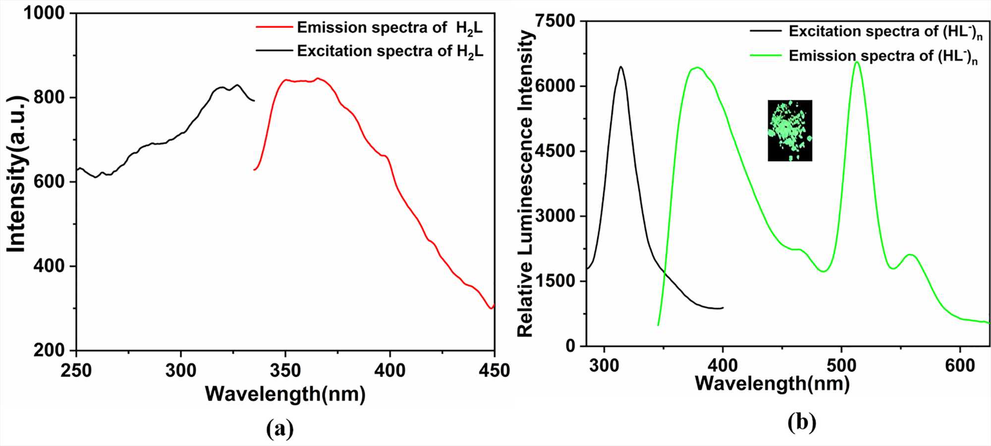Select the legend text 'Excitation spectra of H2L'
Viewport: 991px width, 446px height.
(390, 51)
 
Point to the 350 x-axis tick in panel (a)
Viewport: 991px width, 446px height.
(285, 370)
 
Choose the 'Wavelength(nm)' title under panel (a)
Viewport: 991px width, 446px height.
(285, 394)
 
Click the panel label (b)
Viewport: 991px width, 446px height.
(802, 422)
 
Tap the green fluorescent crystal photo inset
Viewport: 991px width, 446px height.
(790, 130)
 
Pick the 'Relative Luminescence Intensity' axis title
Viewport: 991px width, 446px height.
(525, 184)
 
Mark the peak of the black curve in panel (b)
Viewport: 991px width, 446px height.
(620, 66)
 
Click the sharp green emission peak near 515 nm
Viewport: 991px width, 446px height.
(857, 62)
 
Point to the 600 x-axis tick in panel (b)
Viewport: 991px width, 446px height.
(960, 366)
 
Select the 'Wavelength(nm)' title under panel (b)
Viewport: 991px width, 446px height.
(772, 383)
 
